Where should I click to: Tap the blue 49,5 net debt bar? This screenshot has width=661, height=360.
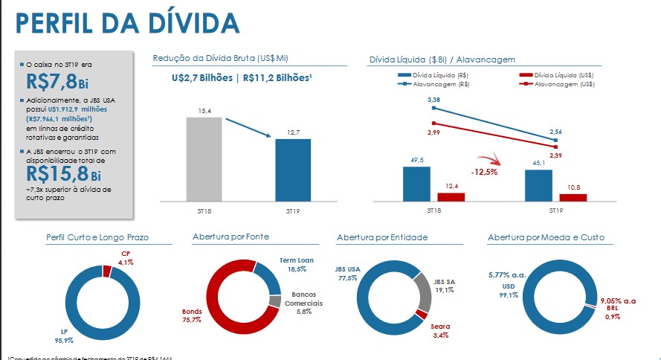pos(416,183)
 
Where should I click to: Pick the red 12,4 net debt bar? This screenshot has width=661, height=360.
pos(451,197)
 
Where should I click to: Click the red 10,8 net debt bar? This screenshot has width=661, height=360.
pos(573,197)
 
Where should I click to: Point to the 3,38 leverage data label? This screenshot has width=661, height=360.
pos(433,99)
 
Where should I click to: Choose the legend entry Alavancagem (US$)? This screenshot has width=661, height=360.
pos(561,85)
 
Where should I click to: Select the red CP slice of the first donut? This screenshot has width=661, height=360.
pos(107,272)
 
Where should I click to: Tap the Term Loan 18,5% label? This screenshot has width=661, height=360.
pos(297,265)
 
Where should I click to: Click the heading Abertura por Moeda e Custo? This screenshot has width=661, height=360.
pos(546,237)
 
